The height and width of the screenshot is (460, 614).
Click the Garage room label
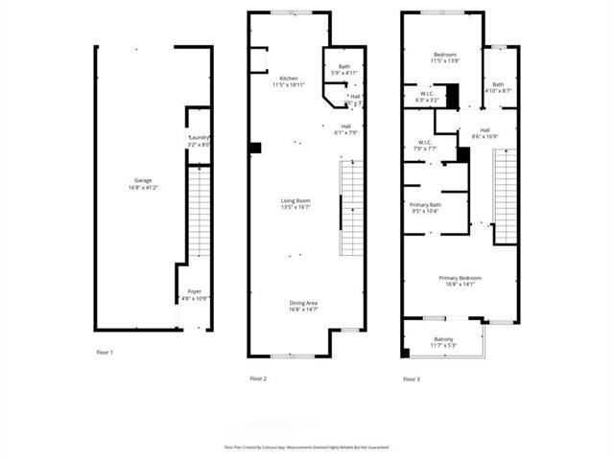point(143,183)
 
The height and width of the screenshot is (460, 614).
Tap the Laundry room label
point(200,141)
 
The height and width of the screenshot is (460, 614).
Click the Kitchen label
point(289,81)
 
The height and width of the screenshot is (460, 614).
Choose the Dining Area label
point(304,307)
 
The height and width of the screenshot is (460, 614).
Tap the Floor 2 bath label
point(343,69)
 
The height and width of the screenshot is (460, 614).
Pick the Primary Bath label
point(425,208)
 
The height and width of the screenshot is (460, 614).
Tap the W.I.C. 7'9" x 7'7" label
point(426,146)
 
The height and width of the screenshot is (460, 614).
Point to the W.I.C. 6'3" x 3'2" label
point(427,97)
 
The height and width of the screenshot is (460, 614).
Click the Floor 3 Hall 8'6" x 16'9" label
point(484,133)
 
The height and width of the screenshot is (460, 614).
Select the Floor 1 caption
point(105,353)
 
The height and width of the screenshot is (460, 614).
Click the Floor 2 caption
point(258,379)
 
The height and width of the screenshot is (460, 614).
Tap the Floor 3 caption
point(412,379)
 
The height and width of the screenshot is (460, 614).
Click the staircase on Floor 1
point(198,213)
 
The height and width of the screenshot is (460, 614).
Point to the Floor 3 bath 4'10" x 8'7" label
point(498,87)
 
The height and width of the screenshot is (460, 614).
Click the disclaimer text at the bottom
point(306,447)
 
